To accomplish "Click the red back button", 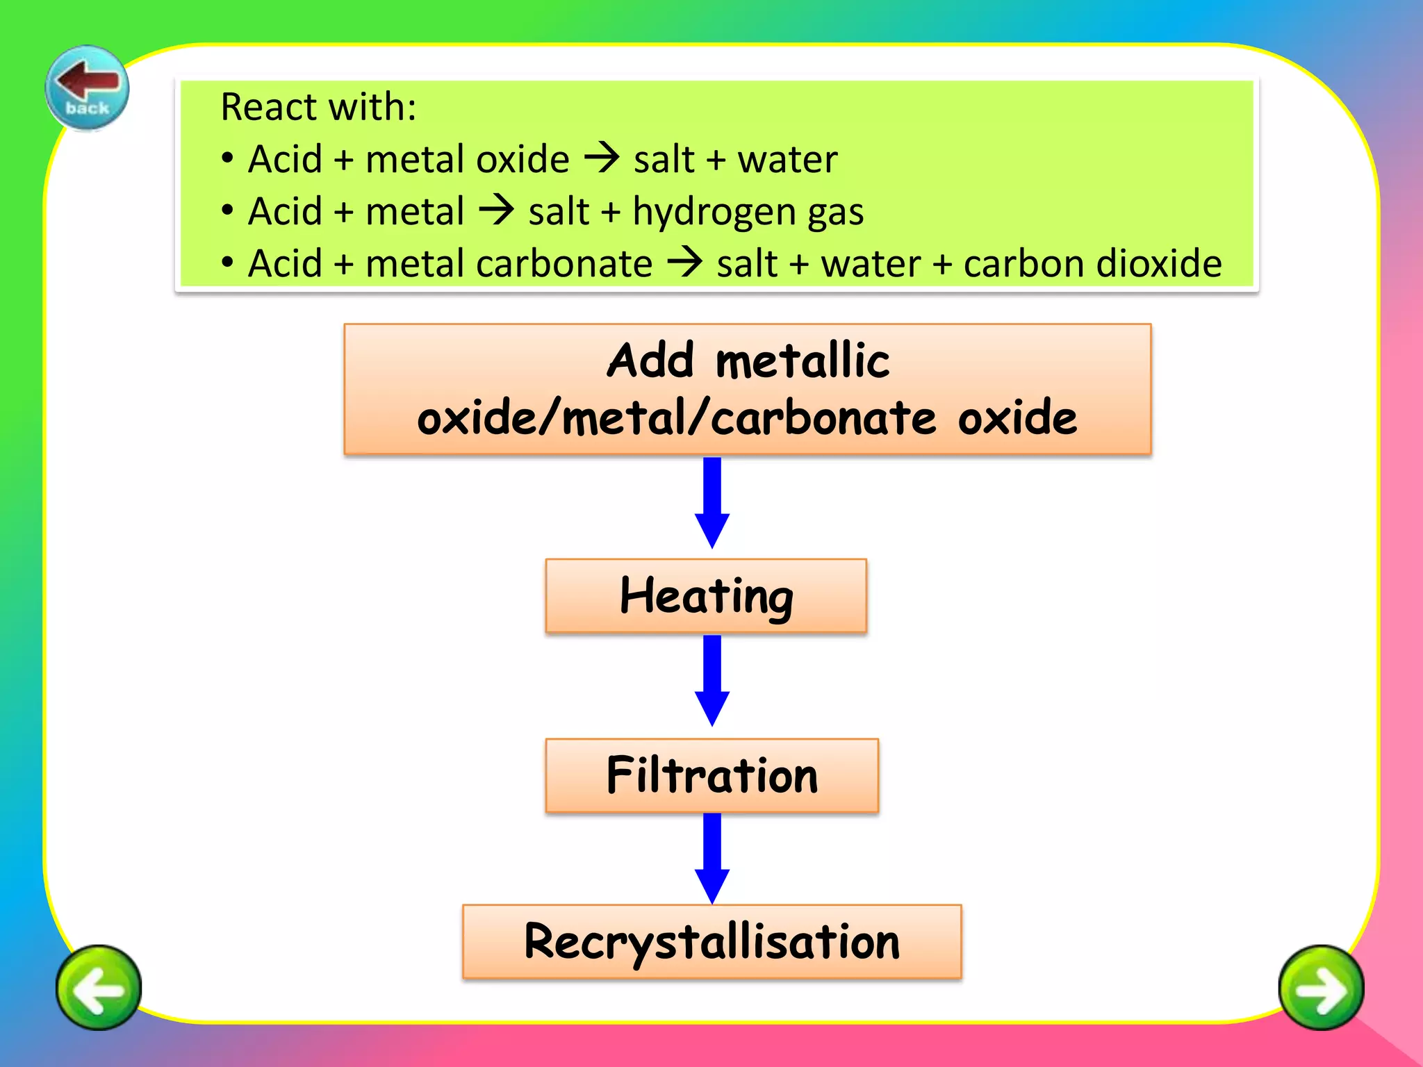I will pyautogui.click(x=88, y=88).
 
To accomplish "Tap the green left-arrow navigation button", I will pyautogui.click(x=99, y=987).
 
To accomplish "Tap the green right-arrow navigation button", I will pyautogui.click(x=1321, y=987).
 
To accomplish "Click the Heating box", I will pyautogui.click(x=706, y=596).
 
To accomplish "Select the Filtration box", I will pyautogui.click(x=711, y=775).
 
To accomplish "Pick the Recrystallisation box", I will pyautogui.click(x=711, y=941).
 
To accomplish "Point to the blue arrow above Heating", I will pyautogui.click(x=712, y=502).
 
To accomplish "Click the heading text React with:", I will pyautogui.click(x=318, y=107).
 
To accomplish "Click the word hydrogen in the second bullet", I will pyautogui.click(x=714, y=212).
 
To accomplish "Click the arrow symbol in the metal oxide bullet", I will pyautogui.click(x=602, y=158).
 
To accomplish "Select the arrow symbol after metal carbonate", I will pyautogui.click(x=685, y=263).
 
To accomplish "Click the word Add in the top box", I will pyautogui.click(x=650, y=361).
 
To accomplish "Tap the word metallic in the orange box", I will pyautogui.click(x=803, y=361).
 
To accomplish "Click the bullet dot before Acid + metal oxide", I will pyautogui.click(x=227, y=158).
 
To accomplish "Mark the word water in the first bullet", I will pyautogui.click(x=787, y=159).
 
